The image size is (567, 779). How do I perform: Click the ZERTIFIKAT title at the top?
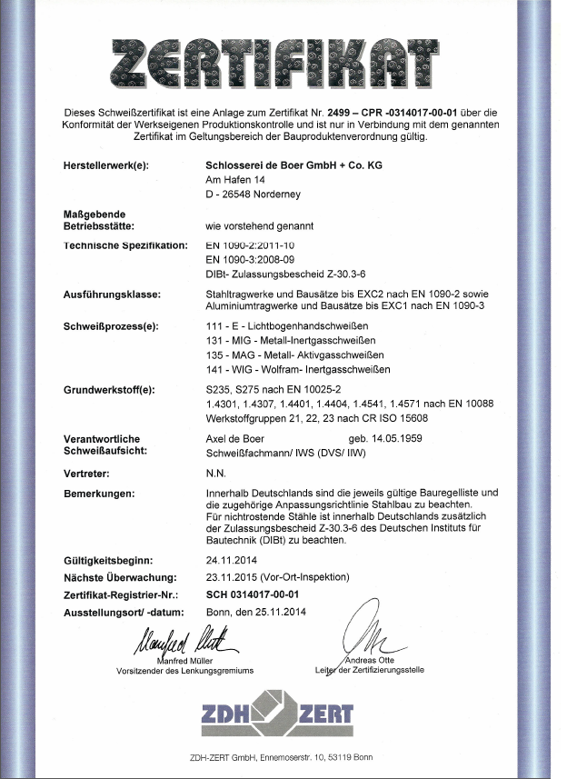click(x=283, y=63)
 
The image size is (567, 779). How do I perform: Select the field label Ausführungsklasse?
click(x=114, y=295)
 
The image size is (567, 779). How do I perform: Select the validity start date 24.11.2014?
click(x=233, y=561)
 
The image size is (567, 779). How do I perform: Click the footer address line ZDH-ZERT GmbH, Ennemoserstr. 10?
click(x=283, y=758)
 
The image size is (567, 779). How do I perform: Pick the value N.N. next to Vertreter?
click(x=217, y=473)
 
